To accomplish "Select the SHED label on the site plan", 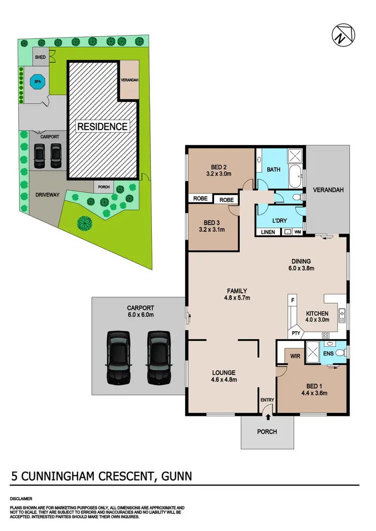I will [40, 58].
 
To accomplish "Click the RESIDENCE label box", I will [102, 126].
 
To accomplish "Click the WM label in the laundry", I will [298, 232].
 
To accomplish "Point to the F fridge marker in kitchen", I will [291, 300].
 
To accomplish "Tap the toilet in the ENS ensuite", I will [340, 353].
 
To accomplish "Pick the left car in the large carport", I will [118, 356].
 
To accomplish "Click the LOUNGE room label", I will [223, 372].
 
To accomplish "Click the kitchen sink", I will [342, 314].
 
